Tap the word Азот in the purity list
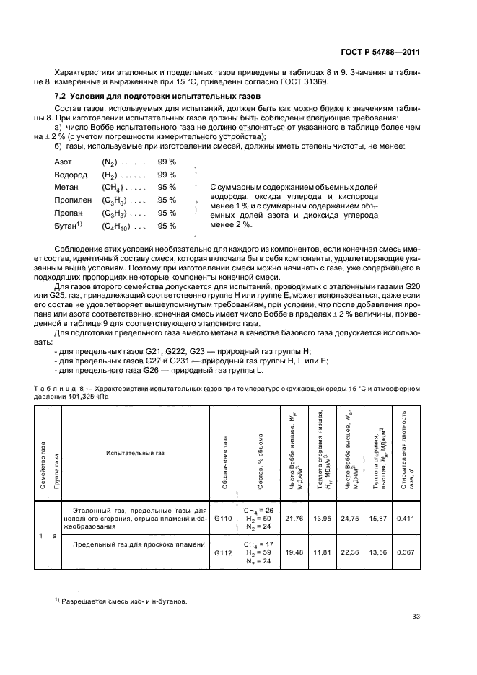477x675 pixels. pos(64,162)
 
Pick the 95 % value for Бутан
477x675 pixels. pos(167,226)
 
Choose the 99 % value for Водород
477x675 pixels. pos(167,175)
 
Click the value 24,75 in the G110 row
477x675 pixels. pos(349,517)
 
